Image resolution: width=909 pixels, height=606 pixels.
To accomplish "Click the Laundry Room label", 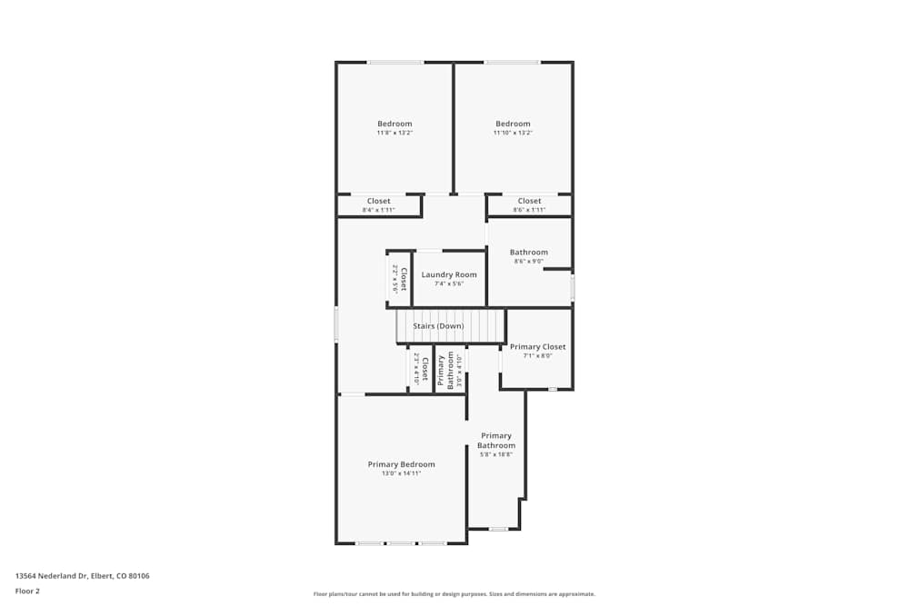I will [449, 274].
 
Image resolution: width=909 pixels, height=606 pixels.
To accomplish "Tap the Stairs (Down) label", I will [438, 326].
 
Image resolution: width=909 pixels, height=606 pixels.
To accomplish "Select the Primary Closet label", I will [537, 347].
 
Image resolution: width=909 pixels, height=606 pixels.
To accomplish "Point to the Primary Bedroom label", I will [401, 464].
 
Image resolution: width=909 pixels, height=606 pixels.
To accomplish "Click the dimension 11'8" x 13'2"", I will [395, 133].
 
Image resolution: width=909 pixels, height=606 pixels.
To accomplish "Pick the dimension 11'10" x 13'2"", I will [513, 133].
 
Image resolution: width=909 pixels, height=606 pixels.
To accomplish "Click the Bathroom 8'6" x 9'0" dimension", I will [528, 262].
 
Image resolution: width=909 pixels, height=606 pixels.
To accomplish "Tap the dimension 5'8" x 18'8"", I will [496, 454].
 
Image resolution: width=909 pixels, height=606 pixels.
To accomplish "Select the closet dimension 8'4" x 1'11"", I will [378, 210].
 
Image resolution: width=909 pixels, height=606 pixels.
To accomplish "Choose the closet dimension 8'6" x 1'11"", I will [529, 210].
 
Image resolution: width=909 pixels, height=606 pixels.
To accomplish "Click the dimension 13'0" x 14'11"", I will [401, 473].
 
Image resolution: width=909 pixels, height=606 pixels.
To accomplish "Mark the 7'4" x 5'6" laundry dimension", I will [449, 283].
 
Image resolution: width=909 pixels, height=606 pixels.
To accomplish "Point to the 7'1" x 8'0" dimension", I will [537, 356].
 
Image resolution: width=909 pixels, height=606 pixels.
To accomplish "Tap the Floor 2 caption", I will [27, 591].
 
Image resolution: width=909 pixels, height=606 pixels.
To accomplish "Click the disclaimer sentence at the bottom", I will [454, 594].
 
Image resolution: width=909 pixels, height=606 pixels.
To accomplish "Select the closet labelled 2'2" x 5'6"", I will [399, 279].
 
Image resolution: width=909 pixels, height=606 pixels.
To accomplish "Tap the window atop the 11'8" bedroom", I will [395, 62].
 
